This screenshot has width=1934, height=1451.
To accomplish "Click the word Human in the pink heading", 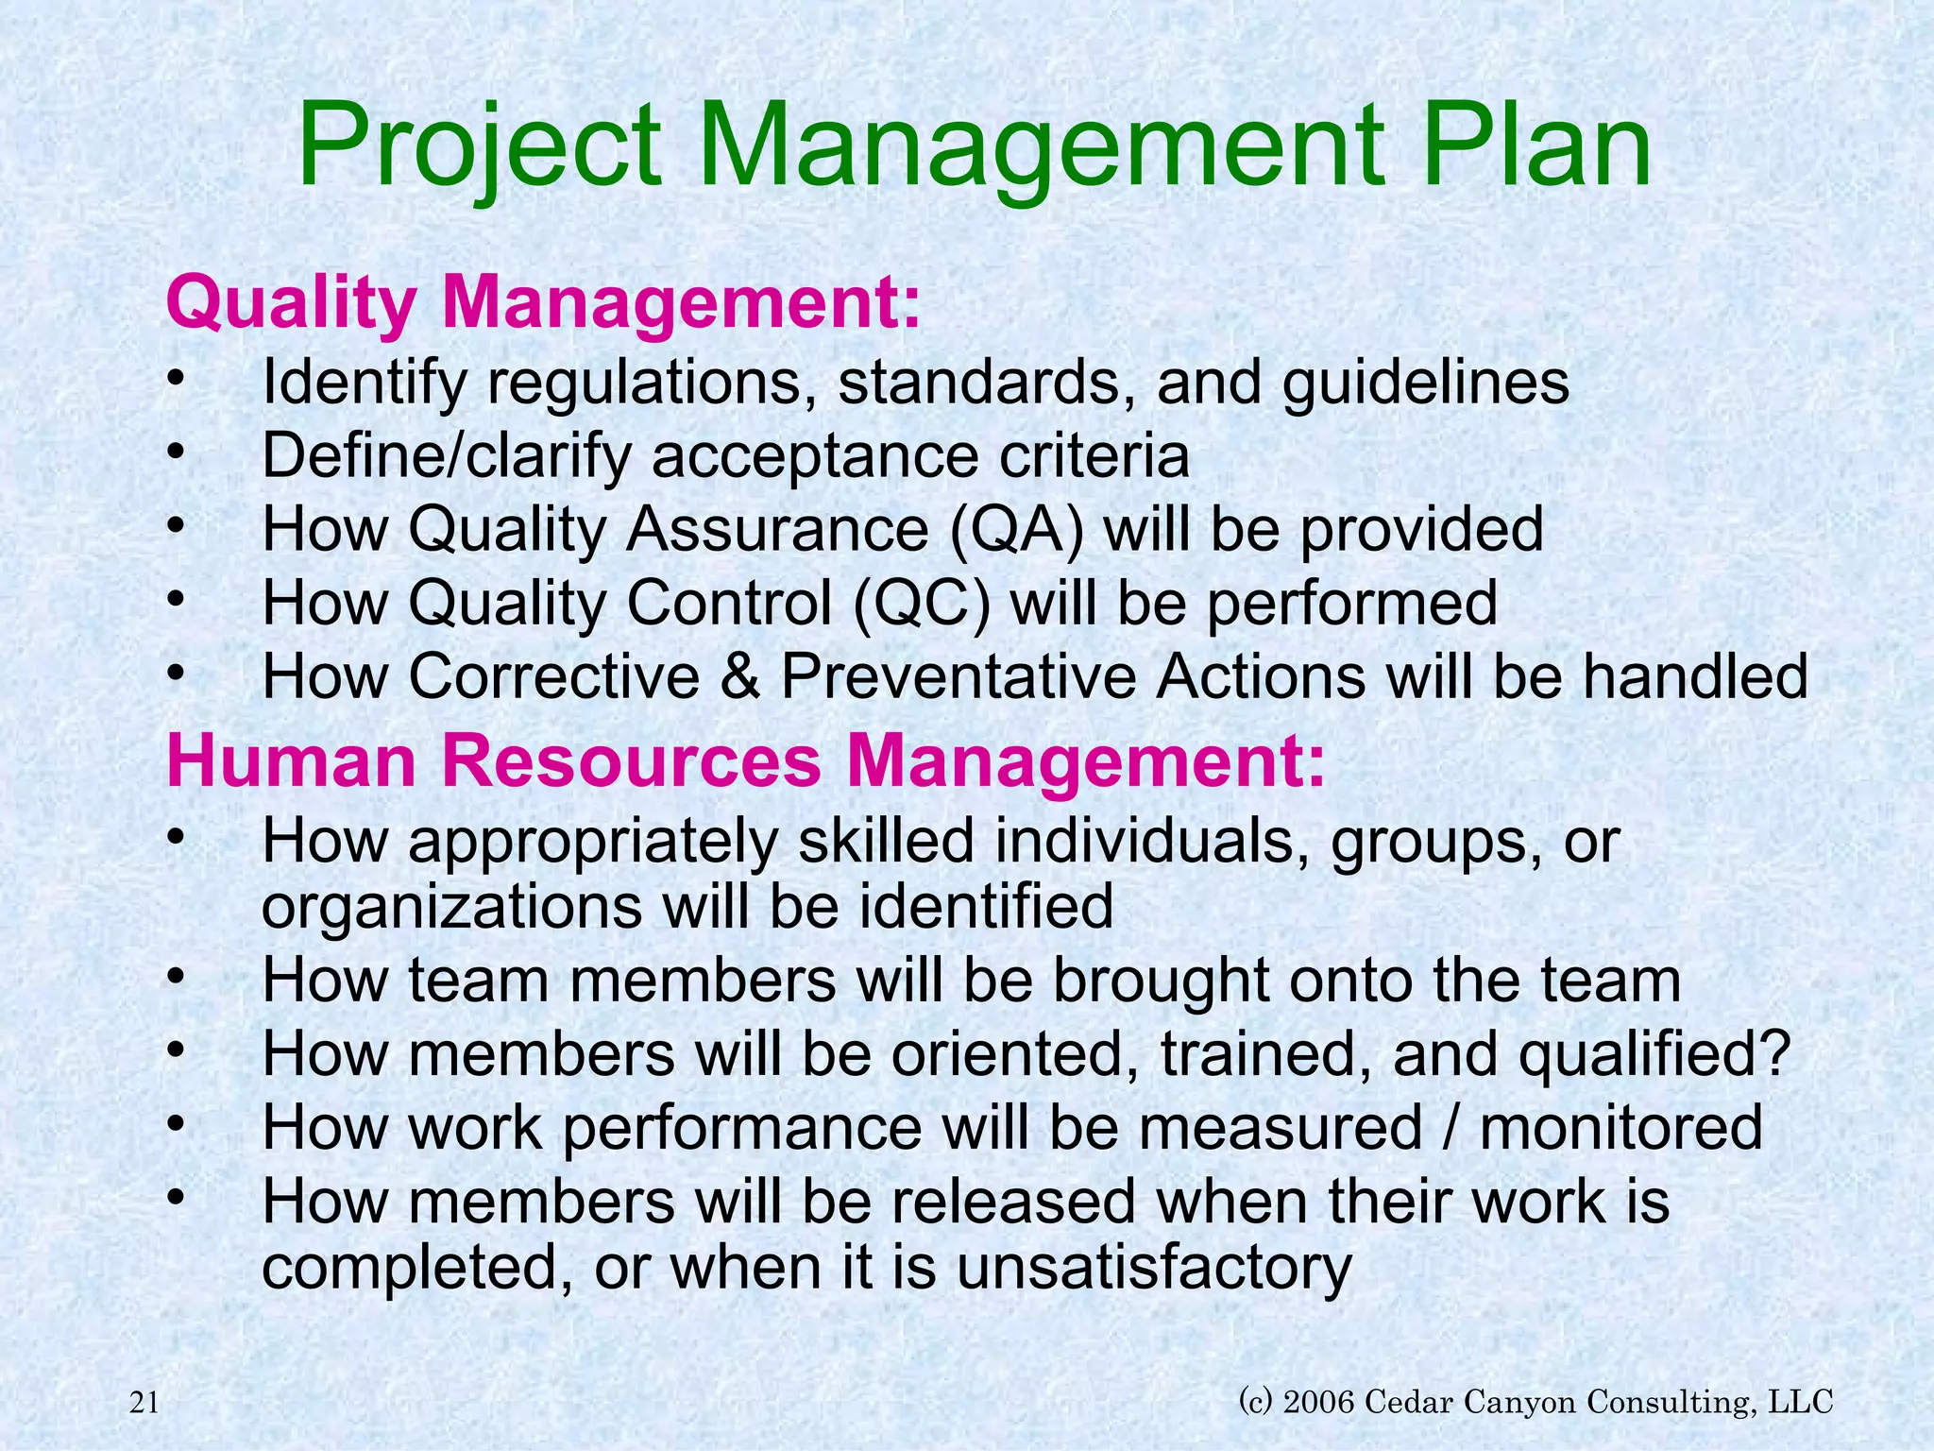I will [x=292, y=761].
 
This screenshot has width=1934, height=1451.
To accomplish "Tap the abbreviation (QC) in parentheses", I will [x=922, y=603].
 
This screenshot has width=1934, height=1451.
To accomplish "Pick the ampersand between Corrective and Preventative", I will [x=739, y=676].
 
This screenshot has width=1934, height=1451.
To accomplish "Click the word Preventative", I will [x=958, y=676].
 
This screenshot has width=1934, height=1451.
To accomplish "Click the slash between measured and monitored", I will [x=1451, y=1127].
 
